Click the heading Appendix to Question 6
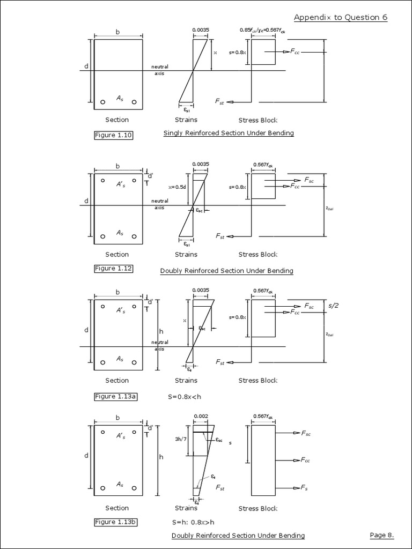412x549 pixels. click(x=341, y=17)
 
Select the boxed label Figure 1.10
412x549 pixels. click(x=113, y=135)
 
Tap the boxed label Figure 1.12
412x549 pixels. click(x=113, y=269)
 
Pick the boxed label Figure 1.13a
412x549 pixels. click(x=115, y=397)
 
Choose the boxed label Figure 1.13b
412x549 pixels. click(x=115, y=522)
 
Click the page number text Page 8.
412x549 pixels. click(x=382, y=535)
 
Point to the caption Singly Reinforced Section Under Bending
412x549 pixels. click(x=229, y=133)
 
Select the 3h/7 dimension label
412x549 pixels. click(x=181, y=439)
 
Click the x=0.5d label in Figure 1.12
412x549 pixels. click(x=176, y=187)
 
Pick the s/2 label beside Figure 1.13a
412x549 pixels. click(x=333, y=305)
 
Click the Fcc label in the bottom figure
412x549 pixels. click(x=305, y=460)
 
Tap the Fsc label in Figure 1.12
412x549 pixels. click(x=309, y=181)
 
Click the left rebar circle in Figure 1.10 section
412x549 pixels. click(x=102, y=102)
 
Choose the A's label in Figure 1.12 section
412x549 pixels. click(x=121, y=184)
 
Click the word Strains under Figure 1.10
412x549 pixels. click(x=186, y=120)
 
